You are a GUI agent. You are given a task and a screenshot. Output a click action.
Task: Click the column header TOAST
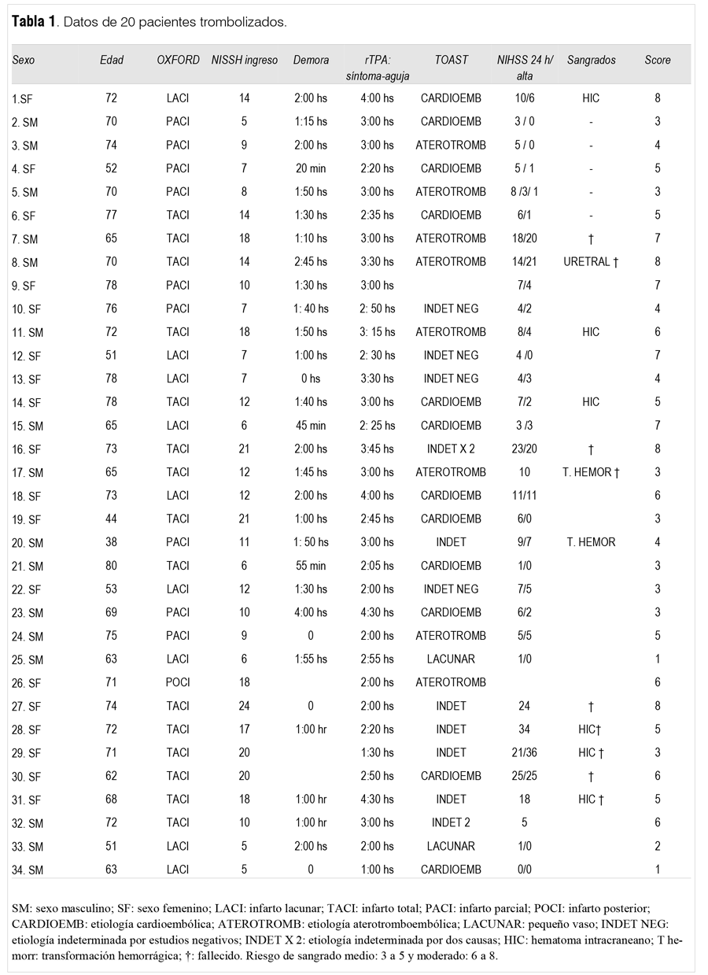pos(451,60)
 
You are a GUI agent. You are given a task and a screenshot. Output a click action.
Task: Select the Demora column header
pos(311,60)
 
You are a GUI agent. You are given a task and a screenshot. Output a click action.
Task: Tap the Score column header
pos(658,60)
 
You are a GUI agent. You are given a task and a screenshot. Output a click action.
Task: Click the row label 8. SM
pos(28,261)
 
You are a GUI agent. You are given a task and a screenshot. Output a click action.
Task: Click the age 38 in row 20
pos(111,542)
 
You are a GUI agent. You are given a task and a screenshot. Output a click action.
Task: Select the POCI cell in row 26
pos(178,682)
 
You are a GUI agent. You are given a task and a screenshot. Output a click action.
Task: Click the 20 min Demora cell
pos(311,168)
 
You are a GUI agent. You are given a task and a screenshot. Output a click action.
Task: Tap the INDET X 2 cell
pos(451,449)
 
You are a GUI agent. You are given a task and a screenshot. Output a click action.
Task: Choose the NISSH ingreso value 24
pos(244,706)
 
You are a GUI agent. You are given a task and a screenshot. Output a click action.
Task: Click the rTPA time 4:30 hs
pos(377,800)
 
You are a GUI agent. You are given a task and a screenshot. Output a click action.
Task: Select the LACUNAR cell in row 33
pos(451,846)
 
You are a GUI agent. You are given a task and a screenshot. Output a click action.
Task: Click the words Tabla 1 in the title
pos(33,22)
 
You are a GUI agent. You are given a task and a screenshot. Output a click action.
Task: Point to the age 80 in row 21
pos(111,566)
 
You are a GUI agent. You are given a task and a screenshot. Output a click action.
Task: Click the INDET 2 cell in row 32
pos(451,822)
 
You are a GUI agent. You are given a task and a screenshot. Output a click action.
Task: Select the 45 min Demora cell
pos(311,425)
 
